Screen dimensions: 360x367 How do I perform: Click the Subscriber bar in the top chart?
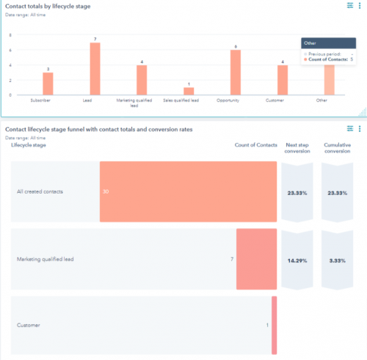48,84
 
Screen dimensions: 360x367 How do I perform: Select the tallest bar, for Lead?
94,69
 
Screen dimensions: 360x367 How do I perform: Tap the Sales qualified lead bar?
189,91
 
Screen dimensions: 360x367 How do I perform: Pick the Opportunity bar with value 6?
235,73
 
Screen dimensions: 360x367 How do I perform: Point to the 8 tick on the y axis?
10,34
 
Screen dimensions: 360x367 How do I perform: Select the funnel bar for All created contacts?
188,192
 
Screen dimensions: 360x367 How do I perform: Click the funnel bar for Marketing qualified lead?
256,259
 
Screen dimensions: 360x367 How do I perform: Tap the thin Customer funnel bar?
274,325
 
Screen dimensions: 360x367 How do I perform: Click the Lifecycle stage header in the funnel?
29,145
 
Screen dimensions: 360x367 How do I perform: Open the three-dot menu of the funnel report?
359,130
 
